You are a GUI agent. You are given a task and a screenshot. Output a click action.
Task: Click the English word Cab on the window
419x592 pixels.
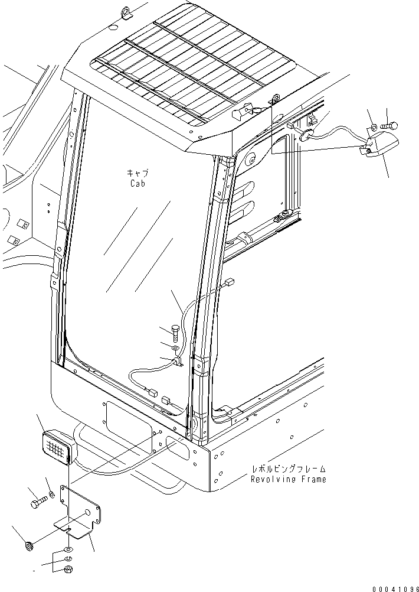coord(138,184)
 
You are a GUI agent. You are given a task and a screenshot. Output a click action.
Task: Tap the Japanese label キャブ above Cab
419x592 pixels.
coord(138,173)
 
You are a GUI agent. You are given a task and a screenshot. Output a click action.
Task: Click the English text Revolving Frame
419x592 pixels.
coord(288,479)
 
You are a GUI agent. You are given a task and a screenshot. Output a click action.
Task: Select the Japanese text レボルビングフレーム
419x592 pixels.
coord(288,469)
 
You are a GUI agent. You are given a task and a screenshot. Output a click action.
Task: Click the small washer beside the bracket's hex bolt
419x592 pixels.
coord(52,494)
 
